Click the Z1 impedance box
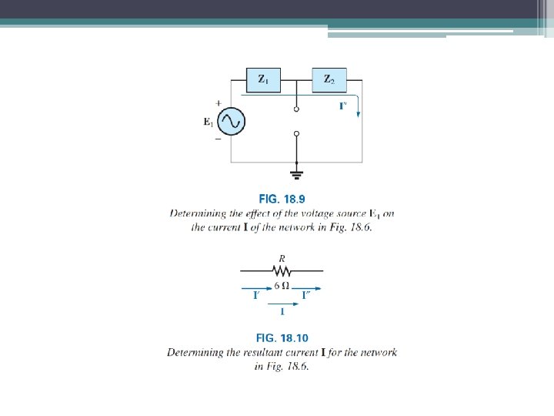[263, 79]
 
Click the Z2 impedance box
[329, 79]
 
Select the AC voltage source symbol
[230, 121]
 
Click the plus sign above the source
[219, 102]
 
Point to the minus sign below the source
[219, 140]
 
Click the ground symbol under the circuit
[297, 172]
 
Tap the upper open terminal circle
[297, 110]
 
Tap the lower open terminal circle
[297, 133]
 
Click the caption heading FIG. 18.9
[282, 199]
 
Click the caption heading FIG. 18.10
[282, 338]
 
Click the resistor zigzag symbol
[282, 271]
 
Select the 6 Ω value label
[282, 284]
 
